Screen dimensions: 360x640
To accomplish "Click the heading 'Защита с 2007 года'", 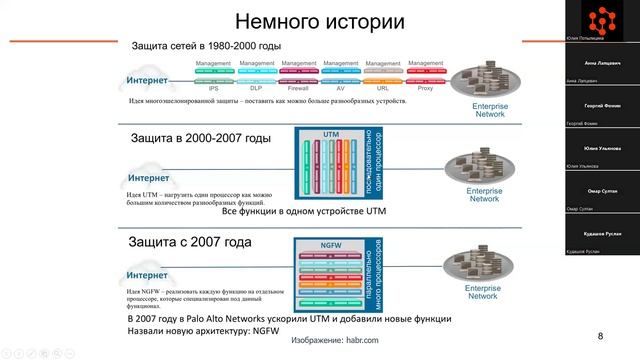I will pyautogui.click(x=190, y=243).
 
